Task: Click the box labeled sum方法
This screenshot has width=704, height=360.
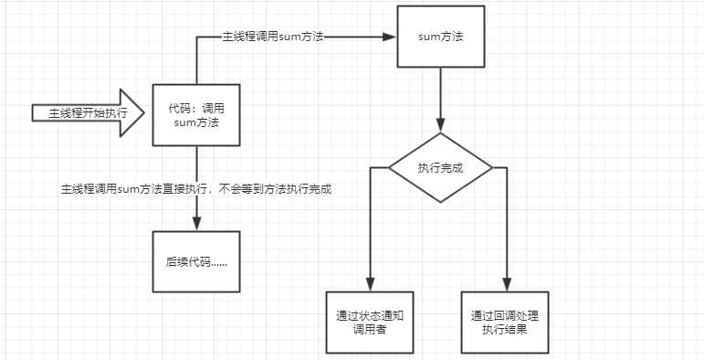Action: tap(440, 38)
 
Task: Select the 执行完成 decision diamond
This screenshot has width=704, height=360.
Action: tap(440, 169)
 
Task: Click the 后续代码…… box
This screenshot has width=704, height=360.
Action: tap(197, 261)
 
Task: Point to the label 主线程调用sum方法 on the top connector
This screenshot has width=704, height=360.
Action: tap(274, 37)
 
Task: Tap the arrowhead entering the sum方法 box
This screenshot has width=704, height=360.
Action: tap(390, 37)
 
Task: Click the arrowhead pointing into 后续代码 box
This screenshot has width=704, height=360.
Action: tap(197, 224)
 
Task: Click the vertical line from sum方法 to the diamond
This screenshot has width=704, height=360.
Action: tap(440, 101)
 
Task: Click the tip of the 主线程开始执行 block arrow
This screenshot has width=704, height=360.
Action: tap(143, 114)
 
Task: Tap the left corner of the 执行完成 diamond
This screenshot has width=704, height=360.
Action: tap(390, 169)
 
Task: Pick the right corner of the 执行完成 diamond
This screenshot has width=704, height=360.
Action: tap(491, 169)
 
